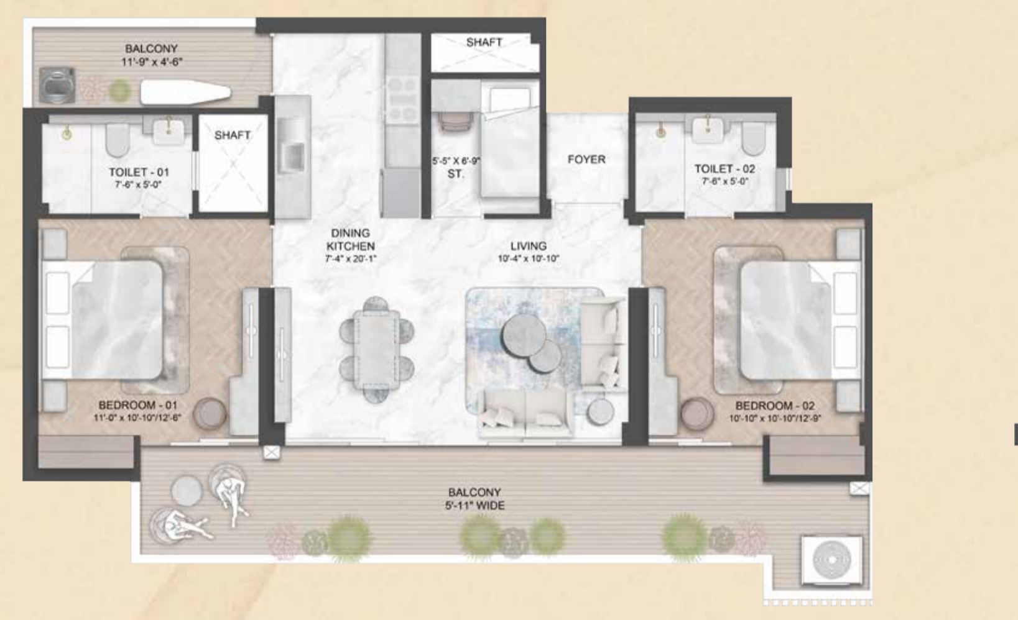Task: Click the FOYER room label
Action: (x=586, y=159)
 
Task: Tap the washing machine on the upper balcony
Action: (x=57, y=85)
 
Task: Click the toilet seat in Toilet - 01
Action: (x=118, y=140)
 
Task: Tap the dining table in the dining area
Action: (x=376, y=349)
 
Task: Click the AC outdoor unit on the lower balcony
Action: (x=831, y=560)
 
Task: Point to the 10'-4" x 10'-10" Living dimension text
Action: (x=528, y=258)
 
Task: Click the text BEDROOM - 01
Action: (x=137, y=405)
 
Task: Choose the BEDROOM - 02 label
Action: (x=775, y=405)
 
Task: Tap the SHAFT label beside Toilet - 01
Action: (x=232, y=135)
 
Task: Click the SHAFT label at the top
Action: (x=484, y=42)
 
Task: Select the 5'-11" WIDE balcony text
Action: (x=474, y=505)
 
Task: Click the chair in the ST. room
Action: (x=456, y=122)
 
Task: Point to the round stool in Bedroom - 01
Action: (x=210, y=414)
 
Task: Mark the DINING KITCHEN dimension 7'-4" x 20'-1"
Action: (x=350, y=259)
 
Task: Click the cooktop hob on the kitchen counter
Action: (x=402, y=99)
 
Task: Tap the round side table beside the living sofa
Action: (x=600, y=413)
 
